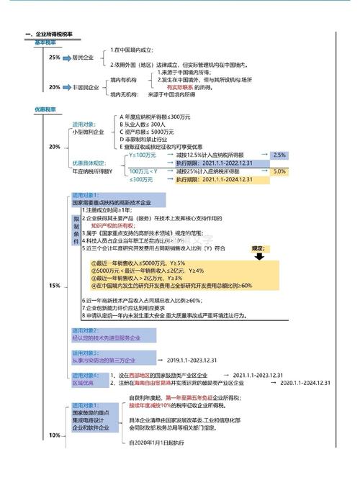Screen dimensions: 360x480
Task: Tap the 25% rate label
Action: (55, 58)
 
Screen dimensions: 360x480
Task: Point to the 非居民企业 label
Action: (85, 87)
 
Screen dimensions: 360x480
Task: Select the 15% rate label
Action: (55, 286)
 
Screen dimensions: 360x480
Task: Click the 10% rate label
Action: (55, 435)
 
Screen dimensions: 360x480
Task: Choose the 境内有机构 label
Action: (123, 80)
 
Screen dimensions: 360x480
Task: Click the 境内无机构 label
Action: (123, 94)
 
